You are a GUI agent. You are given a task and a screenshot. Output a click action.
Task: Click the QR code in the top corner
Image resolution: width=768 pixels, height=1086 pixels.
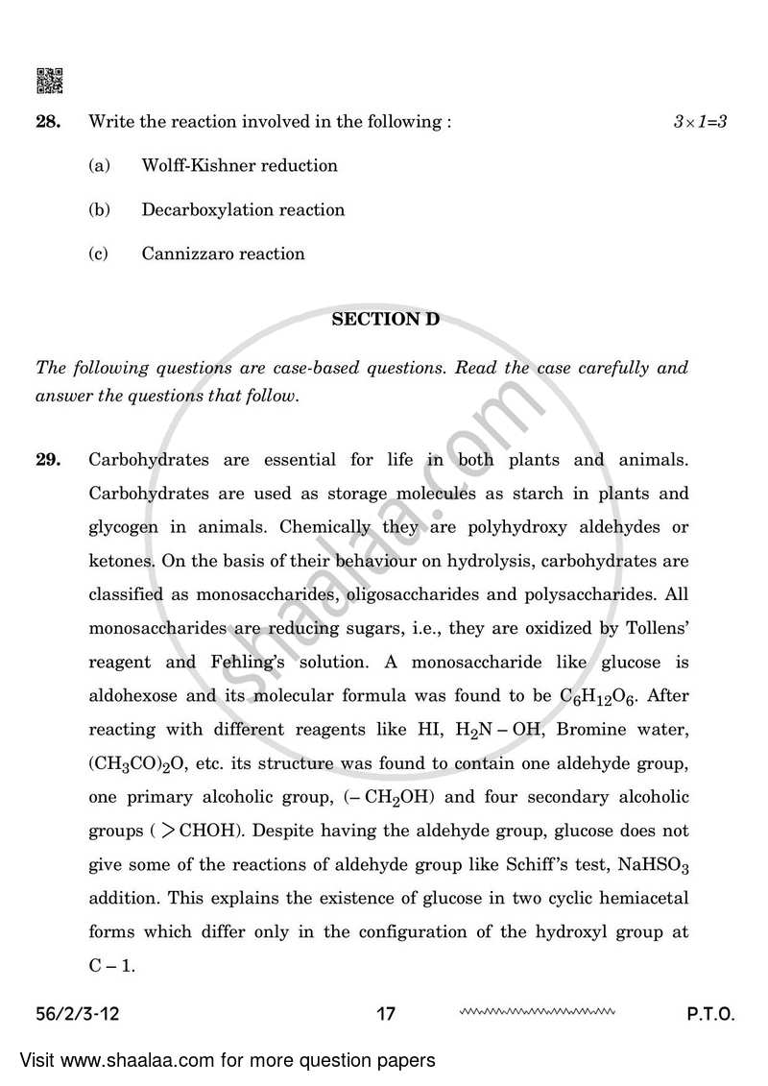pos(50,82)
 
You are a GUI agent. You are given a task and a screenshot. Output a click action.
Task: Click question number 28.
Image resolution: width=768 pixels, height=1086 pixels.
pos(48,122)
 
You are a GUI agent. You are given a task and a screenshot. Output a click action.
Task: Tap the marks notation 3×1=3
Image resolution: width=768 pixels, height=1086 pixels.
pos(700,122)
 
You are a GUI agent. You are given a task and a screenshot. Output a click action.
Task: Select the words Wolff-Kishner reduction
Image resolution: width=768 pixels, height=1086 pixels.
pos(239,165)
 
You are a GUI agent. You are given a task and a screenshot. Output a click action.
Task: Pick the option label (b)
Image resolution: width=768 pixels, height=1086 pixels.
pos(99,209)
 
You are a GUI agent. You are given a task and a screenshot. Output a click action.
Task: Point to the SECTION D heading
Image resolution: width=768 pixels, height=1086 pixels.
pos(385,320)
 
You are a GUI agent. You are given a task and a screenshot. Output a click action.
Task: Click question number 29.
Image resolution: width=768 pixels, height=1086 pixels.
pos(48,460)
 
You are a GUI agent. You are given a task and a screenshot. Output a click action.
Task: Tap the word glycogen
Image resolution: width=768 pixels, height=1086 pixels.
pos(124,527)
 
